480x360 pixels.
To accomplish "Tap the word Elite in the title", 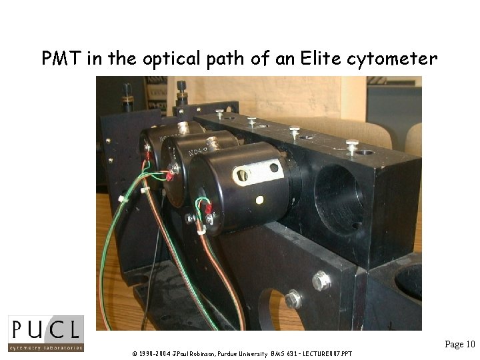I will click(317, 59).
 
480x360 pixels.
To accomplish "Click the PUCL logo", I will click(46, 333).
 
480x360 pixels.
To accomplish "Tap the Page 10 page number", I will click(460, 344).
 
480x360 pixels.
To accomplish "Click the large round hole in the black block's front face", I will click(338, 194).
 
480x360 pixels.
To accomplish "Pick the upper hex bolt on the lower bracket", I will click(321, 281).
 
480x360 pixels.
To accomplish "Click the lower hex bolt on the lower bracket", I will click(293, 300).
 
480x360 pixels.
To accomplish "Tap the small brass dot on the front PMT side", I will click(259, 199).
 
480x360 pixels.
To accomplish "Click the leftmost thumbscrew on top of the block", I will click(219, 113).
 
